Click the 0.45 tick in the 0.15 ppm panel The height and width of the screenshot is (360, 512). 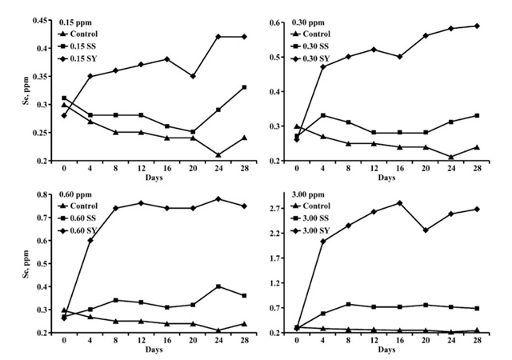tap(40, 20)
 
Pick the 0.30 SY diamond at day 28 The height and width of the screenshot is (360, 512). tap(478, 26)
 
